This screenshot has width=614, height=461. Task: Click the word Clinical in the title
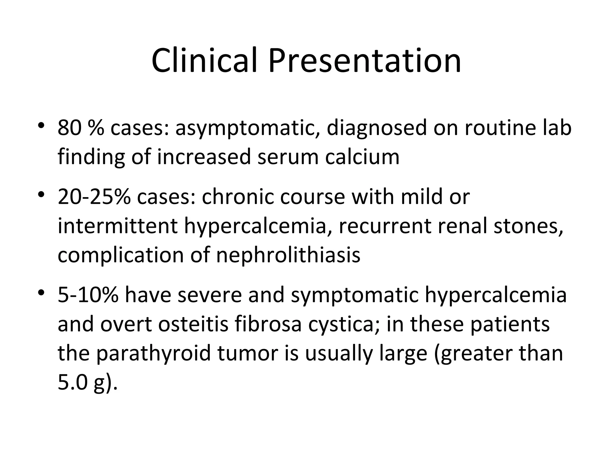(204, 61)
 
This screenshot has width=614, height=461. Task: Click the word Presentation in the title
(365, 61)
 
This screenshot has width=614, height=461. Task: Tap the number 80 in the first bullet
(69, 128)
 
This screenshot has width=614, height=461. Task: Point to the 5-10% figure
(88, 295)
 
